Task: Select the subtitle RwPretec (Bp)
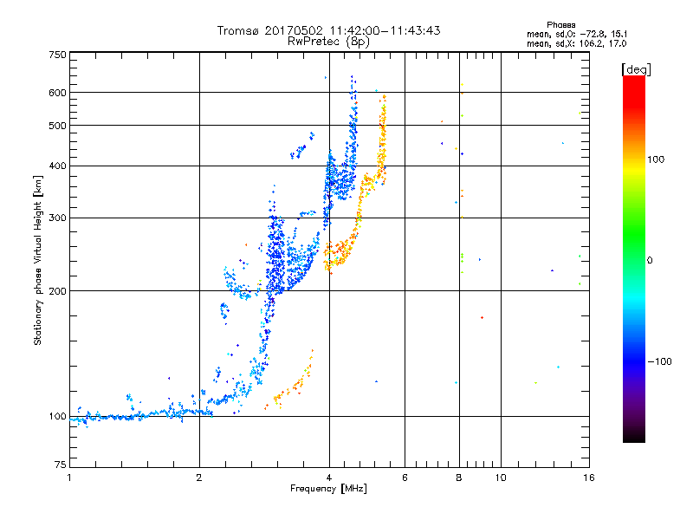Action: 329,41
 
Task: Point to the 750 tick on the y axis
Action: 57,55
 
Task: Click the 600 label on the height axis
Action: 57,92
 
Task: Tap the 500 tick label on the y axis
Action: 57,125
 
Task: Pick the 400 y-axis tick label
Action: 57,166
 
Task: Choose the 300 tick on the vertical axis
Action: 57,218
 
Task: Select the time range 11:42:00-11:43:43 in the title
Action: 385,30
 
